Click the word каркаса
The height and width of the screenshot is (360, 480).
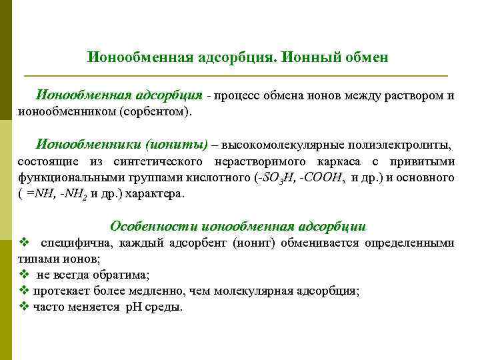click(x=341, y=161)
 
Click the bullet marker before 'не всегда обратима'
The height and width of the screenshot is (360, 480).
click(x=25, y=275)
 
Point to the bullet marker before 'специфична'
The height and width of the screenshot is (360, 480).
click(x=25, y=243)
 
